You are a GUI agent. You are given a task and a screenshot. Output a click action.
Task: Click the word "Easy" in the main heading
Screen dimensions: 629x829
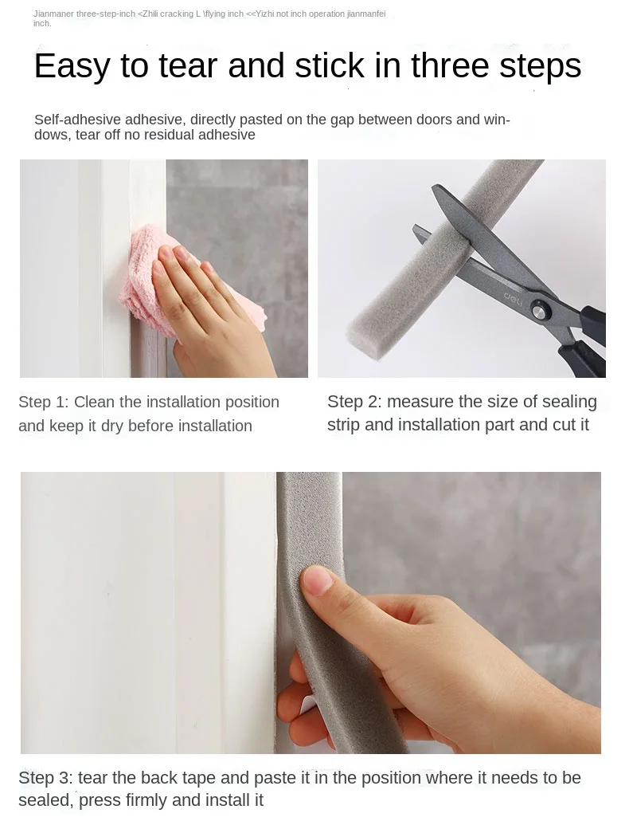click(x=72, y=66)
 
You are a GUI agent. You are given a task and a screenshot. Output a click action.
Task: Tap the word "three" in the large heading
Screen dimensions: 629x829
click(x=451, y=65)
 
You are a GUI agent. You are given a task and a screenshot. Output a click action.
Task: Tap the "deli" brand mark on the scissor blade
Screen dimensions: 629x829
click(x=512, y=299)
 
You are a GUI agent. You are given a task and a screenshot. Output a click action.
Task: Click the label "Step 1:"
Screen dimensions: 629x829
click(x=43, y=402)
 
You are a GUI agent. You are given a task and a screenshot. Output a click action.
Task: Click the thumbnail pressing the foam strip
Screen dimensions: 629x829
click(x=317, y=580)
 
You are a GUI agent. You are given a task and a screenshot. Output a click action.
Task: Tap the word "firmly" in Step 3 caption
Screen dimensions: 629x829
click(x=147, y=800)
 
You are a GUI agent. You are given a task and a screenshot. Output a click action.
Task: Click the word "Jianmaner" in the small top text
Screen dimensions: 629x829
click(x=54, y=14)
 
